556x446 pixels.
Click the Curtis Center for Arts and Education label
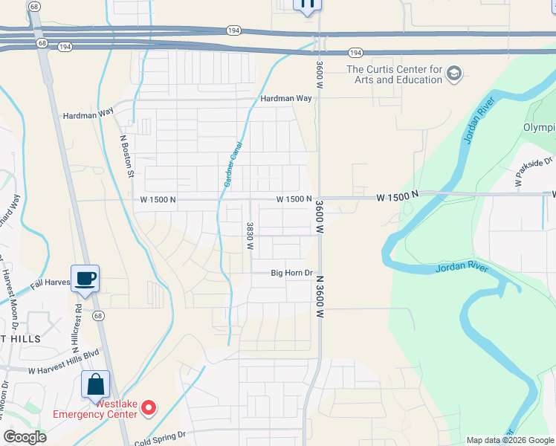(394, 75)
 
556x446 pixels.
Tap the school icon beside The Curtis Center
(455, 74)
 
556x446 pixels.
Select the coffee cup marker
(85, 279)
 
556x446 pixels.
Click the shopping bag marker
(96, 384)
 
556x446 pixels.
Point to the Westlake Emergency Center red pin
(149, 407)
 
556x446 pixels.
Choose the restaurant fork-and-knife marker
(308, 4)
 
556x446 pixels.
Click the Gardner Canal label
(230, 165)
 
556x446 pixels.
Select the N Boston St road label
(126, 156)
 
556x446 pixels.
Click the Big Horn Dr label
(291, 274)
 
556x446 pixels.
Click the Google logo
(25, 437)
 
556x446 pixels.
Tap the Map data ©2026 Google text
(509, 440)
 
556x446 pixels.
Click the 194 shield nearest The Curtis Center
(355, 52)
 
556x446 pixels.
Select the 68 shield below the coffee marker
(98, 315)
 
